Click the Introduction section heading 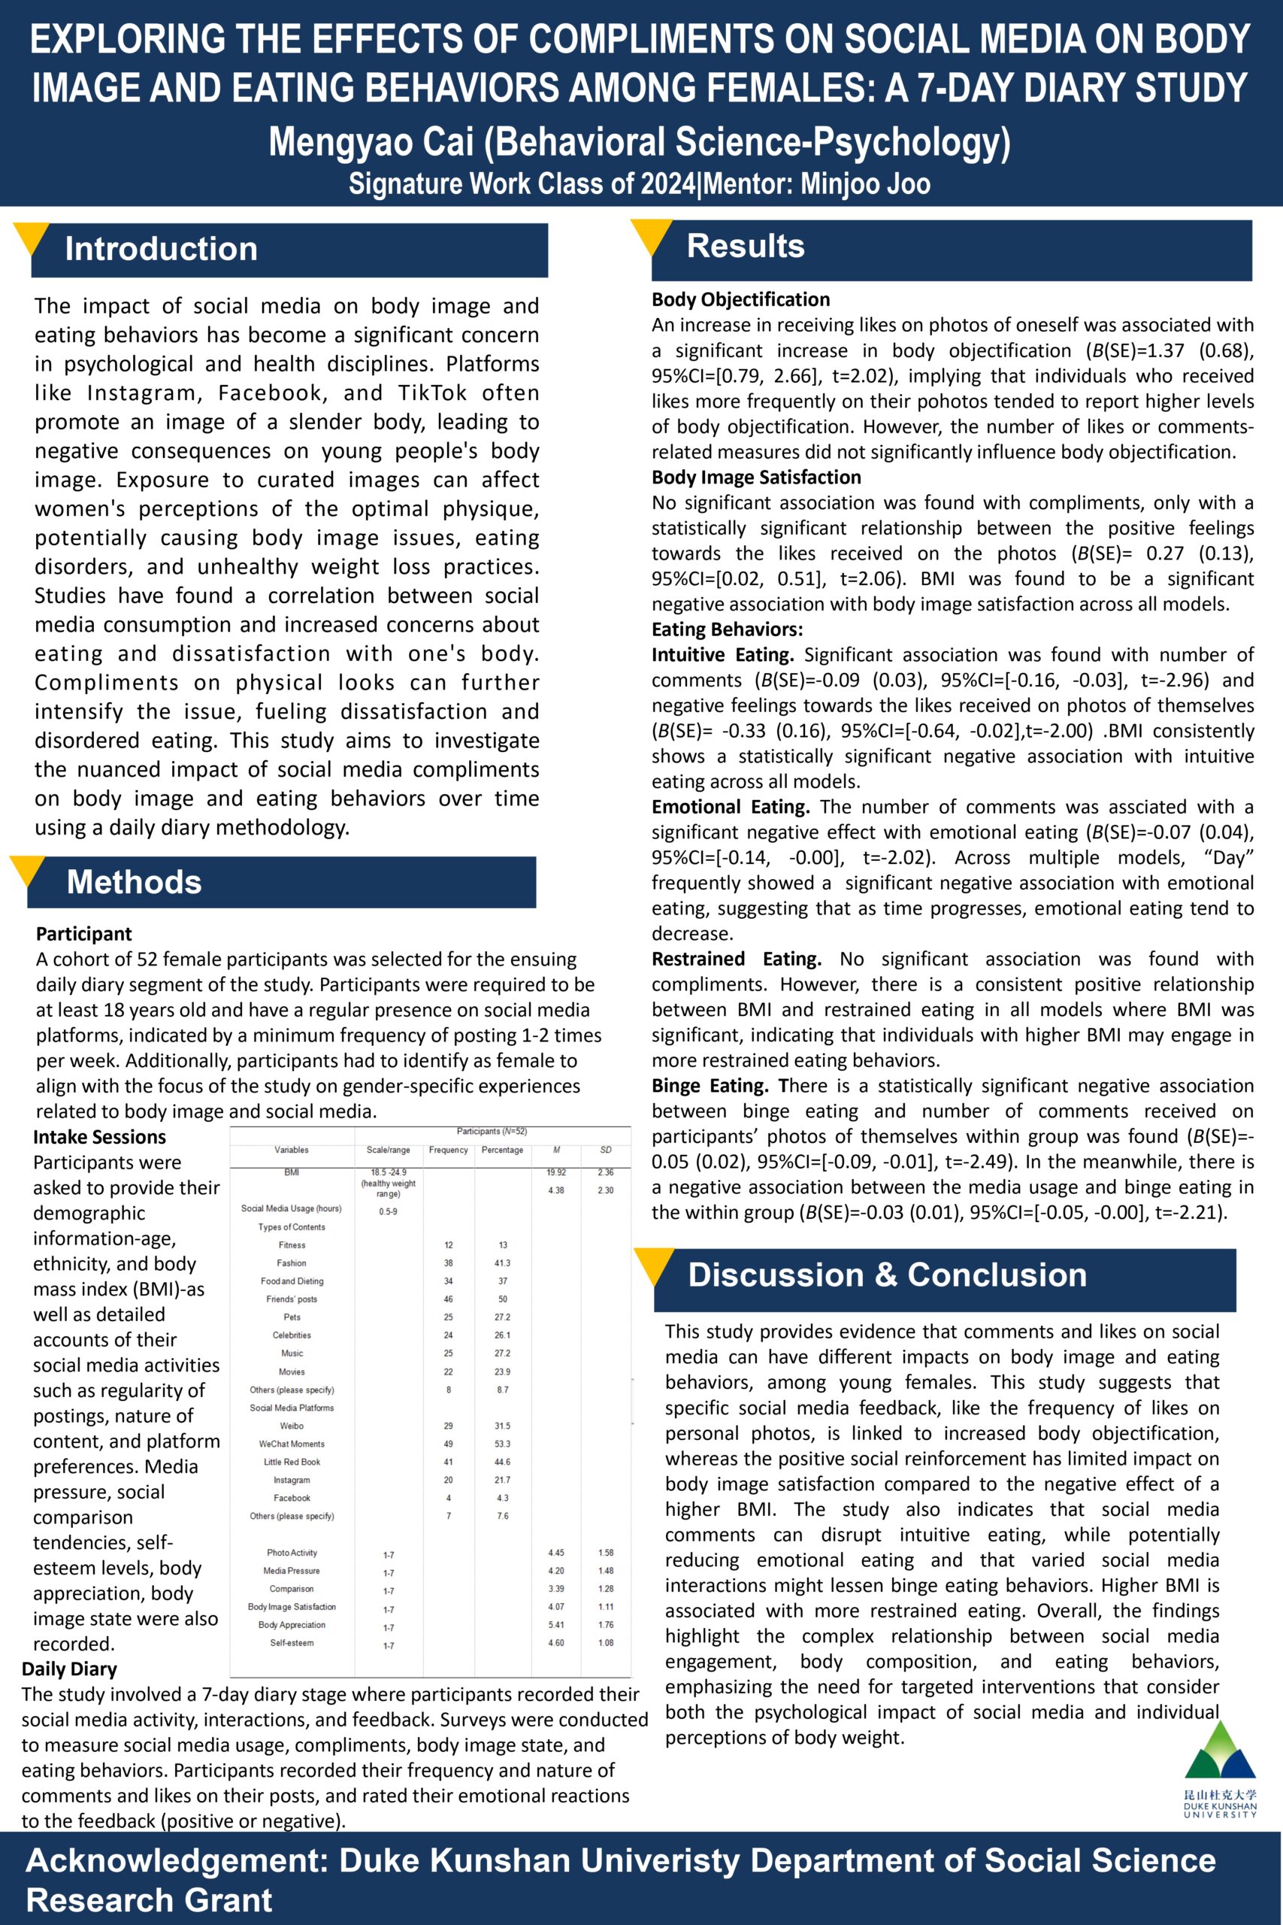tap(161, 249)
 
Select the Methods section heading tap(135, 881)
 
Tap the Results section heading tap(746, 246)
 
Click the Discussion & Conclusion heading tap(887, 1275)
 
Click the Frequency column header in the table tap(449, 1150)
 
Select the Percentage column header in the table tap(502, 1150)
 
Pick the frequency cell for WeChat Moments tap(449, 1444)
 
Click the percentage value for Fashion tap(502, 1263)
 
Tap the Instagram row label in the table tap(292, 1480)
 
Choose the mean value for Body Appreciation tap(556, 1625)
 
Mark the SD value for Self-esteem tap(606, 1642)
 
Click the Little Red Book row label tap(292, 1462)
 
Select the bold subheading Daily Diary tap(70, 1669)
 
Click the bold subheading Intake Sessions tap(99, 1137)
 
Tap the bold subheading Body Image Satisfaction tap(756, 477)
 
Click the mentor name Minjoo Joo tap(865, 183)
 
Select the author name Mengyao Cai tap(372, 141)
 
